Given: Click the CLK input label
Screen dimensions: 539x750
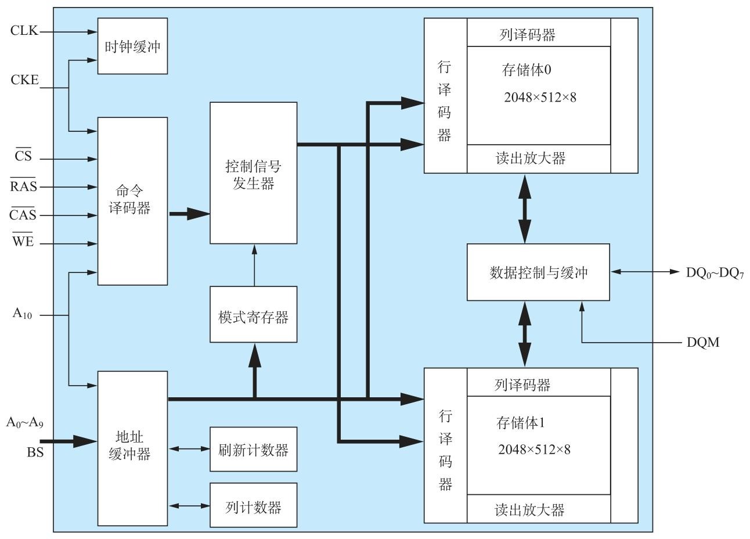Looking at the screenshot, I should coord(24,31).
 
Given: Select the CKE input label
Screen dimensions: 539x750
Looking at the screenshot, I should coord(24,80).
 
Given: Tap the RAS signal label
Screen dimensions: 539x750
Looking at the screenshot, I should coord(23,186).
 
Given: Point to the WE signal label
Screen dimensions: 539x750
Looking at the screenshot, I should coord(23,242).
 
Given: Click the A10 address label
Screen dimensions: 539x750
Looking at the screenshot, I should coord(23,314).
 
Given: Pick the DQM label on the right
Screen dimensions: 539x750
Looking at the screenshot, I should coord(702,342).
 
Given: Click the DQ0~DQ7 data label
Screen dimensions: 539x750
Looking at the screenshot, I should coord(715,272).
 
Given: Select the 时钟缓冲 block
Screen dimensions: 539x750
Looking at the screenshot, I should coord(132,46).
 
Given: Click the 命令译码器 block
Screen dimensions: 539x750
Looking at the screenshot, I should coord(132,201).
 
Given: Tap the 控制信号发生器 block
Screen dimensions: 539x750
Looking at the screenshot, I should coord(253,173).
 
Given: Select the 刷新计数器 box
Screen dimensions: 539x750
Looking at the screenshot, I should coord(253,450).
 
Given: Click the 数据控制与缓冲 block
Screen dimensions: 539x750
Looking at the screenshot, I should coord(538,272).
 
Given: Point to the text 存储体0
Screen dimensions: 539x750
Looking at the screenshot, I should coord(526,70).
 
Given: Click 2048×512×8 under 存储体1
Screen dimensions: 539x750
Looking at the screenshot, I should coord(534,449).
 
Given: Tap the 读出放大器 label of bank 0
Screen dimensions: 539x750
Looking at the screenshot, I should coord(531,159).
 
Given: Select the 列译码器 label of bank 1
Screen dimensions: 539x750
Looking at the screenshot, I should coord(522,385).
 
